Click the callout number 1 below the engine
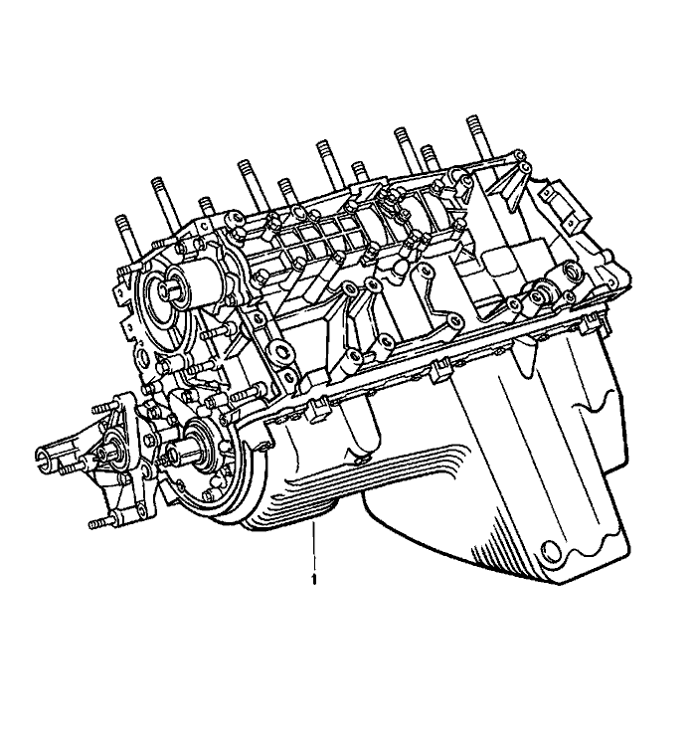(314, 577)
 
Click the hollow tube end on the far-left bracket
(44, 457)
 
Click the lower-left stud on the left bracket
(97, 523)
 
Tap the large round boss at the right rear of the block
(543, 296)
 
